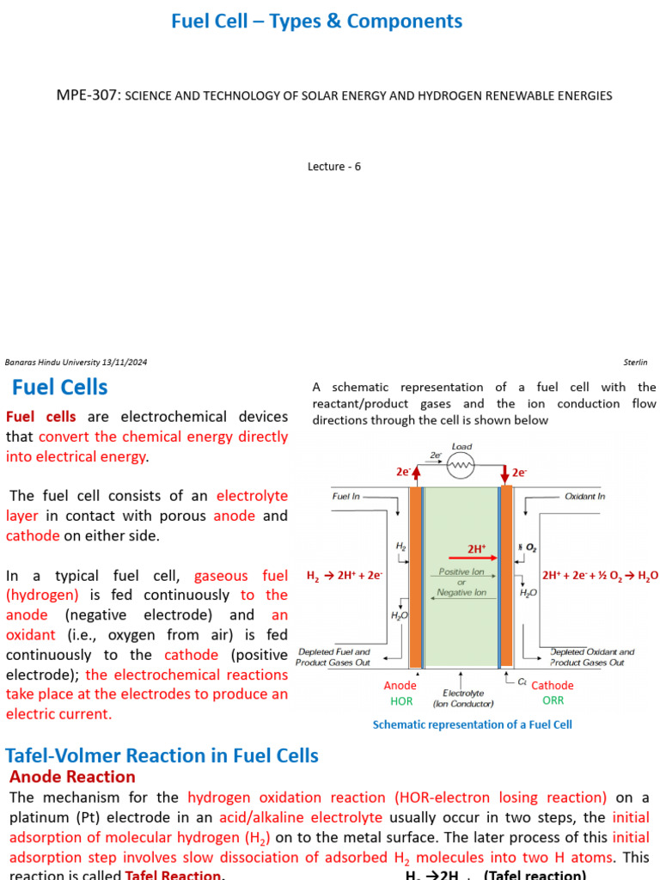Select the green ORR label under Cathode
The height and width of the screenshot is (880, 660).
tap(553, 700)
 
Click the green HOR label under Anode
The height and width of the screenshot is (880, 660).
tap(401, 701)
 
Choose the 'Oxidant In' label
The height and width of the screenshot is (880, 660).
tap(584, 497)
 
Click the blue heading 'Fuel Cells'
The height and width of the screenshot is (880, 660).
tap(59, 387)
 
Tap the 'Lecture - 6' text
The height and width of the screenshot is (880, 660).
tap(334, 167)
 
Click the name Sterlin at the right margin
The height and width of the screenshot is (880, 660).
tap(634, 363)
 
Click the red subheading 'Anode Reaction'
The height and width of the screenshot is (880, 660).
tap(72, 777)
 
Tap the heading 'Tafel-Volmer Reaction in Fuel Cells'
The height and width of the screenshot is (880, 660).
tap(162, 756)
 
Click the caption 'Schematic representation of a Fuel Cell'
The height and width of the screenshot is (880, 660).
tap(472, 724)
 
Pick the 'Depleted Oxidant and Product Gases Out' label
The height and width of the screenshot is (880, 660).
tap(592, 657)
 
